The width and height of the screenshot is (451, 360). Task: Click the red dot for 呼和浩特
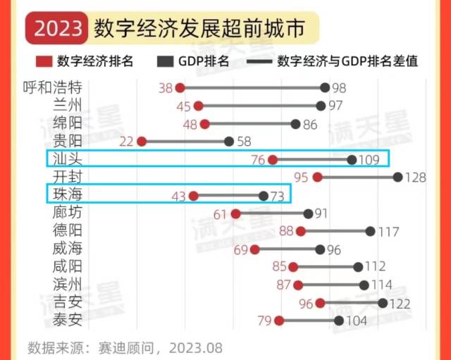pos(180,88)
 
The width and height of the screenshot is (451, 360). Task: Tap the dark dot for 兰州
pos(321,106)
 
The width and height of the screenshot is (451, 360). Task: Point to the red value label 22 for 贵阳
pos(127,142)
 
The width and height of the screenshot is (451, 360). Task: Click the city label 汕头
pos(67,159)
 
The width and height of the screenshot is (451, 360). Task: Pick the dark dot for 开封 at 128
pos(397,177)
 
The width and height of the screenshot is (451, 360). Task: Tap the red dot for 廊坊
pos(236,213)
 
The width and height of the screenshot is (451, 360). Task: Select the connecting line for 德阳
pos(335,231)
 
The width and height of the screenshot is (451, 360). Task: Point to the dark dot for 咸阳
pos(358,267)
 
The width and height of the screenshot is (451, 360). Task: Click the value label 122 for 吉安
pos(400,303)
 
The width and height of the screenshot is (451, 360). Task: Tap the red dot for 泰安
pos(279,321)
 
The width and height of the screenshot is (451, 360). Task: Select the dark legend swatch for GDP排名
pos(166,61)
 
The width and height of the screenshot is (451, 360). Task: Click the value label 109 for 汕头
pos(369,160)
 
